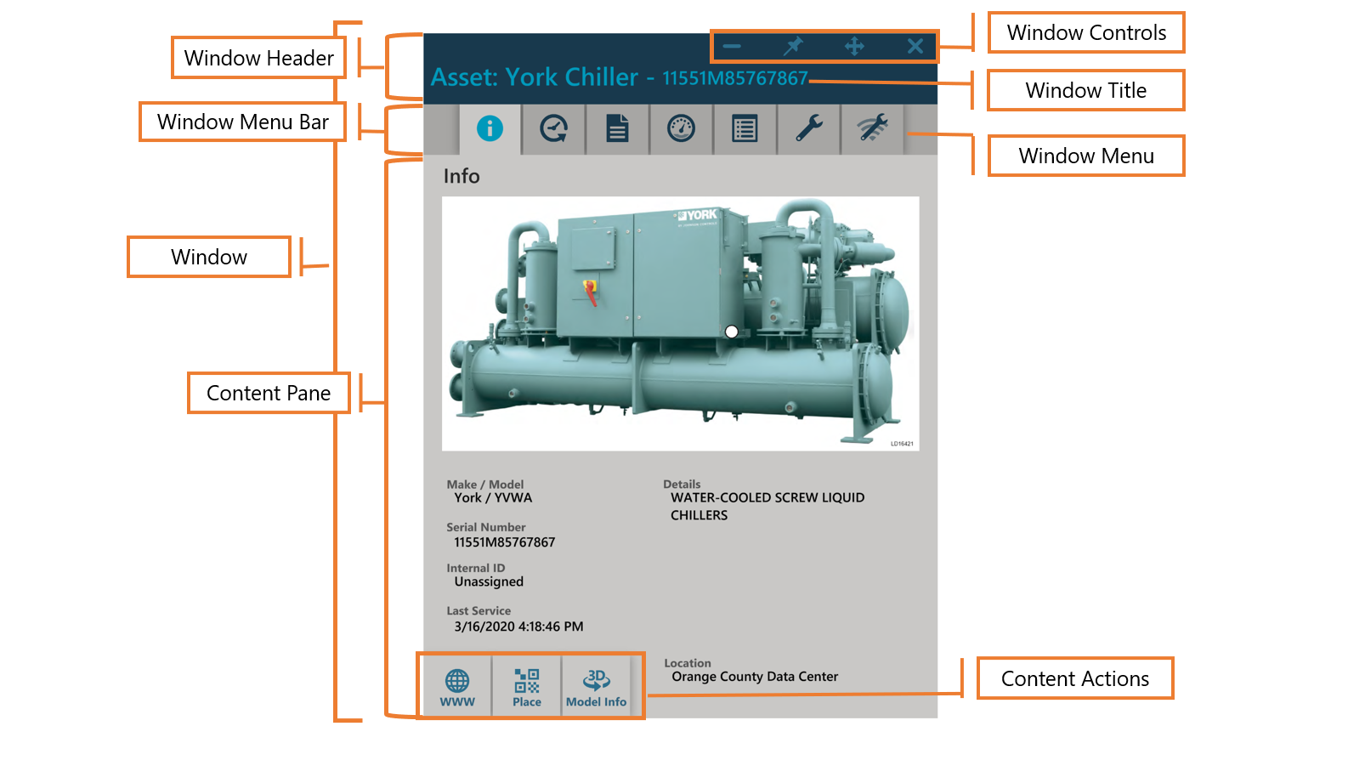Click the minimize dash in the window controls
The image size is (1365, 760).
point(732,47)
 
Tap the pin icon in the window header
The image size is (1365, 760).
point(793,46)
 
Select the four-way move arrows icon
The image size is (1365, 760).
point(854,47)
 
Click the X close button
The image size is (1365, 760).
point(915,47)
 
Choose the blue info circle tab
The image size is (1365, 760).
point(490,128)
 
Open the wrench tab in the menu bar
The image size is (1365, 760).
point(808,128)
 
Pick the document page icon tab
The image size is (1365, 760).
point(617,128)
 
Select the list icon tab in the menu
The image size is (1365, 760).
point(745,128)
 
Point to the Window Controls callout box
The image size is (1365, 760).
point(1086,33)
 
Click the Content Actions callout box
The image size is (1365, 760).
point(1075,678)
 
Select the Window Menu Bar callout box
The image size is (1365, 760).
point(243,122)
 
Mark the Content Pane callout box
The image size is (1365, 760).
point(269,394)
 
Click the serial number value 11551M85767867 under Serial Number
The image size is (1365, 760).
point(504,542)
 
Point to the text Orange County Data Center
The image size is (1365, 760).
point(755,677)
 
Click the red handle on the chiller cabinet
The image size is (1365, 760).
point(590,292)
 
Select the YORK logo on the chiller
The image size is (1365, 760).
point(699,215)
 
